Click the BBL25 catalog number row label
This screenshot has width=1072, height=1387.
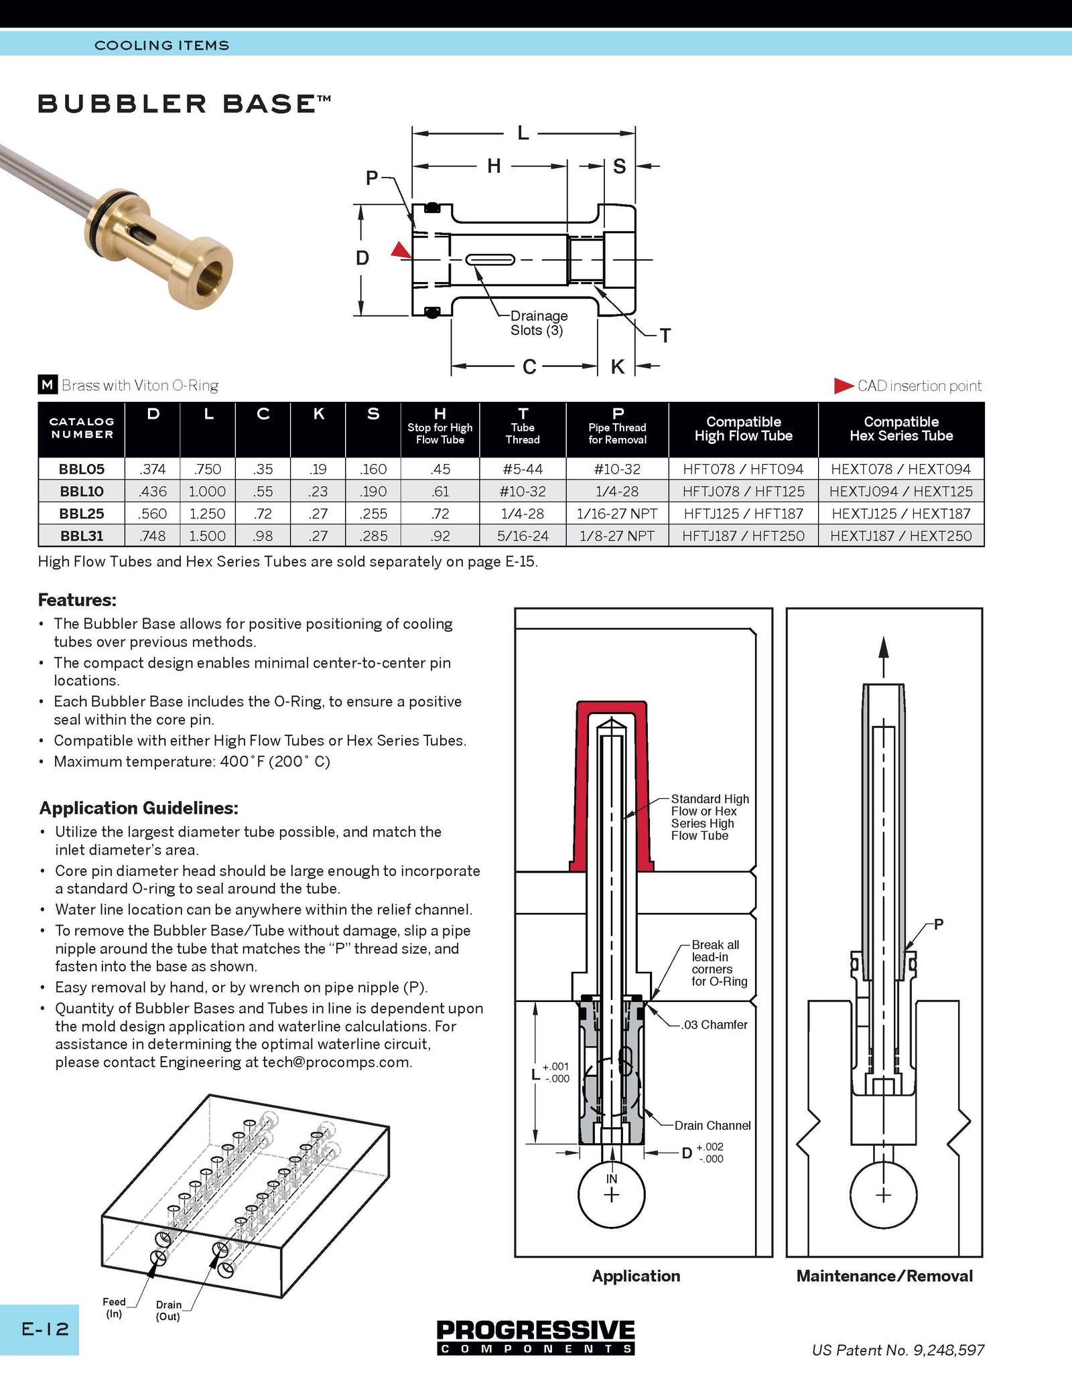coord(82,514)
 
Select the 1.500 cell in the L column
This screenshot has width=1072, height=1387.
coord(207,536)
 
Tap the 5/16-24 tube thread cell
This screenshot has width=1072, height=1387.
coord(523,536)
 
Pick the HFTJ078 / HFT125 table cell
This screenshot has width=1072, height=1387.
coord(743,491)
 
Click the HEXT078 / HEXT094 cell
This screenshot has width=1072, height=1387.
coord(900,469)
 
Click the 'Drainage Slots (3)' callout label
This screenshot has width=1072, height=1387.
coord(539,323)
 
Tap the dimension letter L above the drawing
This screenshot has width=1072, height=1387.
coord(523,133)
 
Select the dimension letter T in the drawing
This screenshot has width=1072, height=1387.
coord(665,336)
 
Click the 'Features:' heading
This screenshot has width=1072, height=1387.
coord(77,599)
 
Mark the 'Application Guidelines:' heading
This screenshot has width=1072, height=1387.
coord(139,808)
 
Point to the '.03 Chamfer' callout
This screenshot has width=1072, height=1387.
coord(714,1025)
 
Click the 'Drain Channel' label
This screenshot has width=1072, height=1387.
coord(712,1126)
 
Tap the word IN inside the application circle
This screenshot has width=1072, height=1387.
coord(612,1179)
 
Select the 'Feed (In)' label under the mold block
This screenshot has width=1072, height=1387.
coord(114,1308)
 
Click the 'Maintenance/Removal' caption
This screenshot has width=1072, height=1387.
coord(884,1276)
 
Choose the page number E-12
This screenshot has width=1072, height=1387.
coord(45,1329)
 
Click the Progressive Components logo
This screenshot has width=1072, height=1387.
coord(536,1337)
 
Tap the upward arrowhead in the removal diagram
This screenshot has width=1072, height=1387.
coord(884,648)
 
